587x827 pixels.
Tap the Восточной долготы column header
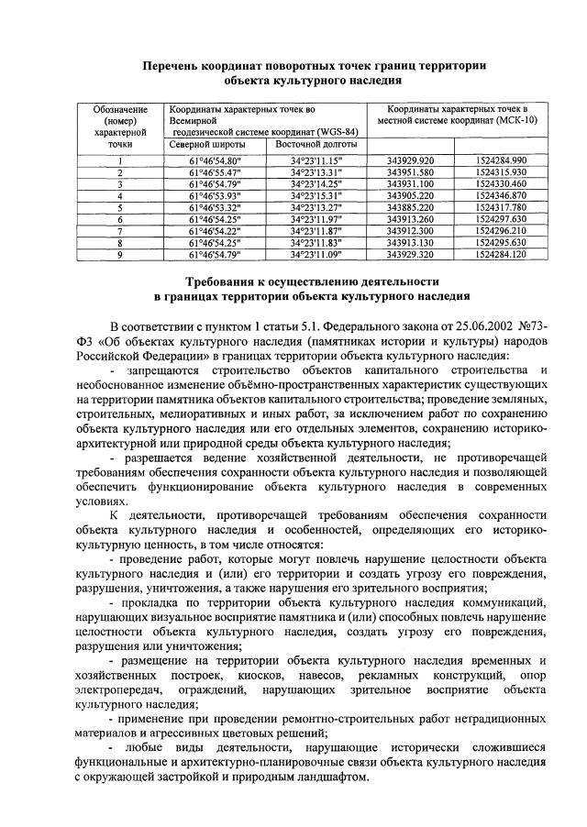[310, 145]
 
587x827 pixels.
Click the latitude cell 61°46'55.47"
[215, 171]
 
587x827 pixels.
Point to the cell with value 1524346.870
[501, 195]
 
